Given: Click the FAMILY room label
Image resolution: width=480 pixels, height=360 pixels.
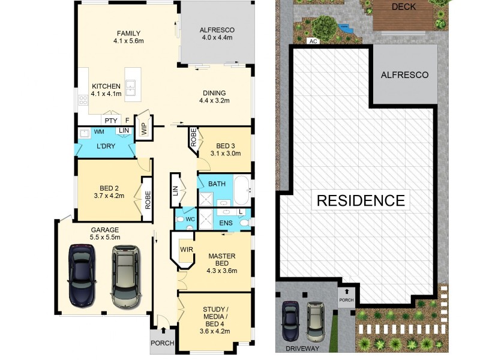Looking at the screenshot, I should (x=129, y=32).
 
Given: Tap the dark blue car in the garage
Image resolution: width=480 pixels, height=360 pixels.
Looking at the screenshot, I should (x=82, y=274).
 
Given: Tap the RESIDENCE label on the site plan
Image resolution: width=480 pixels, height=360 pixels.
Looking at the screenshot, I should (x=361, y=200).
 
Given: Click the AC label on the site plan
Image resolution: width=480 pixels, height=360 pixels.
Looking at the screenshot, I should (x=312, y=41).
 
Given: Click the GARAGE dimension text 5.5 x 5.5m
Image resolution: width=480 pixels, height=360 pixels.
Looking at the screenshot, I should (x=104, y=238).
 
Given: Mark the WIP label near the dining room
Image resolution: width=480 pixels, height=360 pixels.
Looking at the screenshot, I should (x=143, y=128).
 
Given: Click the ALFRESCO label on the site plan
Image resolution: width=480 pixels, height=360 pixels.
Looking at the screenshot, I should (x=405, y=75).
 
